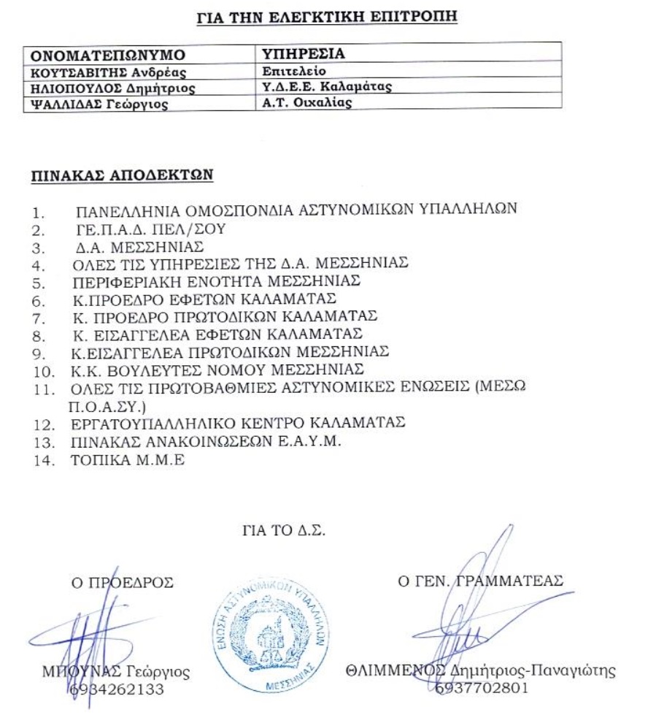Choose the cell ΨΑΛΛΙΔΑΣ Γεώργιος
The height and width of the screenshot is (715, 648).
tap(97, 104)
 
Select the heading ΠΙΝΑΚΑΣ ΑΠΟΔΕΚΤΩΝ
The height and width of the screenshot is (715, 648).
tap(121, 176)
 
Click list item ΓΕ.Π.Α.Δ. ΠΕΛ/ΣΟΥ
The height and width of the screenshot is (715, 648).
tap(151, 229)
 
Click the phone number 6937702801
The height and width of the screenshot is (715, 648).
tap(481, 687)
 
